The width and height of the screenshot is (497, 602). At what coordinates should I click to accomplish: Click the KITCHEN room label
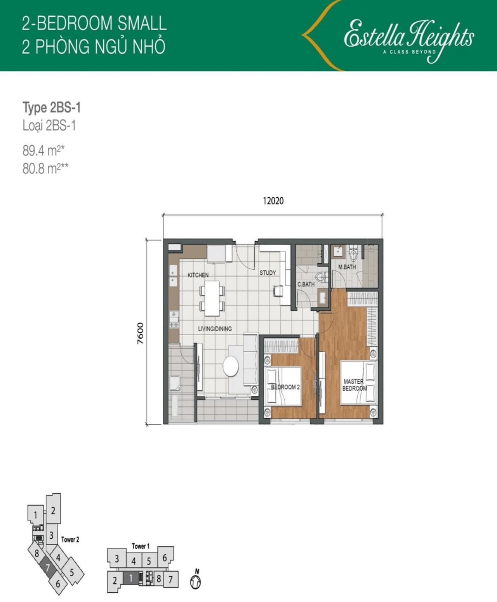[198, 275]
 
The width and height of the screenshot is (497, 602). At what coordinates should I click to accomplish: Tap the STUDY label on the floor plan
[268, 273]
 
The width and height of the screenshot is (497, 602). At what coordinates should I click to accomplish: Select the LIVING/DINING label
[215, 329]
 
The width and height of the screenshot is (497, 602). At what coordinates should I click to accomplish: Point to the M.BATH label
[347, 267]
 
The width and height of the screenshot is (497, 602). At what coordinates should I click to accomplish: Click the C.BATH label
[306, 285]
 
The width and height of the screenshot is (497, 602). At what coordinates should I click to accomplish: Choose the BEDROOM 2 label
[285, 387]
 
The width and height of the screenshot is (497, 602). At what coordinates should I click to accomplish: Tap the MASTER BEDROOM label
[354, 385]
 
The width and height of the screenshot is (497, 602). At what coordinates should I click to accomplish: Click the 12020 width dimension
[273, 201]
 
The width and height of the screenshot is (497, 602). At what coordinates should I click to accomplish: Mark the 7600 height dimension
[141, 333]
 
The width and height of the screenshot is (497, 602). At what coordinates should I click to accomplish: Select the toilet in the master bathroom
[353, 255]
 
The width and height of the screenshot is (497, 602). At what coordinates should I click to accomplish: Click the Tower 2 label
[70, 539]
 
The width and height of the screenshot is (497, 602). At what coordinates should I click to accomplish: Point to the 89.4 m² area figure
[43, 151]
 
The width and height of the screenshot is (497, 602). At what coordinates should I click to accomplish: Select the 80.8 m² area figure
[45, 169]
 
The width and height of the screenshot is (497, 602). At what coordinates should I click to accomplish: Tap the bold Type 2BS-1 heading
[52, 108]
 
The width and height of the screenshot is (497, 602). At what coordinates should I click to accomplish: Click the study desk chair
[278, 291]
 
